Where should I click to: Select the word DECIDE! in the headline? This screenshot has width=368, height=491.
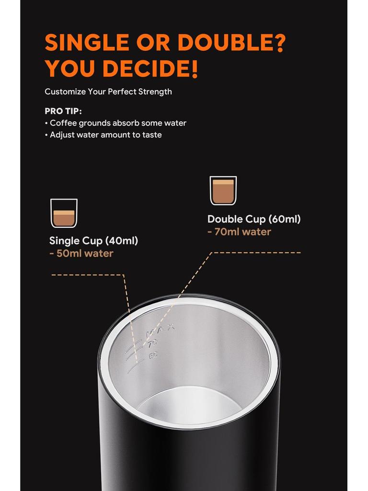[x=150, y=69]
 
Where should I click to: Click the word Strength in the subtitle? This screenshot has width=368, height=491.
[x=155, y=92]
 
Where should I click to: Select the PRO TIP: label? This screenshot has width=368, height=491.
[x=63, y=111]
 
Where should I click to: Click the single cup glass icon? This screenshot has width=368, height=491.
[x=64, y=213]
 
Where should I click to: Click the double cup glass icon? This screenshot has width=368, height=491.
[x=223, y=190]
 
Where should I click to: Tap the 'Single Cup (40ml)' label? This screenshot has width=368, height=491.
[x=93, y=241]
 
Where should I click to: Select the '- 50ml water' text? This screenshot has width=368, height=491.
[x=81, y=253]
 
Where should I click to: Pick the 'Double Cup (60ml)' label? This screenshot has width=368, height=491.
[x=254, y=219]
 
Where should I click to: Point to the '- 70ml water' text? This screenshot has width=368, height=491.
[x=239, y=232]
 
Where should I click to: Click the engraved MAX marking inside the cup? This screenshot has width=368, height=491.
[x=161, y=330]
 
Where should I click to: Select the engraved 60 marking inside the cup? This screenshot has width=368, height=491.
[x=153, y=356]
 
